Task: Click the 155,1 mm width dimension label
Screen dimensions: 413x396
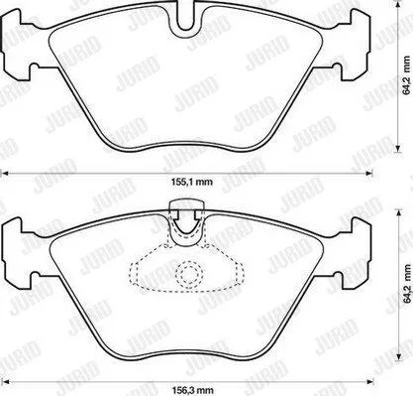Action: point(191,182)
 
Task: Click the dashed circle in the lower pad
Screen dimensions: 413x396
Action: point(189,273)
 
